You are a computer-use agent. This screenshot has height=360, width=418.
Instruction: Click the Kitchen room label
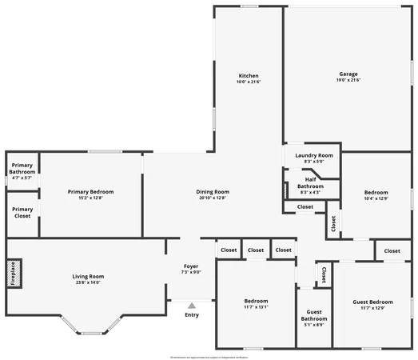tap(248, 75)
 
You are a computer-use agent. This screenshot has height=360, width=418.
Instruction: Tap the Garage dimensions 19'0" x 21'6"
tap(348, 81)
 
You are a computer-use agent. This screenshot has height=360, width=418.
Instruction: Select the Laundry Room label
tap(313, 155)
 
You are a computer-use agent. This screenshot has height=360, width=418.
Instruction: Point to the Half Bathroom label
tap(310, 182)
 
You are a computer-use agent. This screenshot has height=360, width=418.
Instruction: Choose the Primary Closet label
tap(22, 212)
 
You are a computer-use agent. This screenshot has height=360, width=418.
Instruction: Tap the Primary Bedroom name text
tap(90, 191)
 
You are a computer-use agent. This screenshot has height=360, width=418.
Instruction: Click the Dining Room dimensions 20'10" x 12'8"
tap(213, 198)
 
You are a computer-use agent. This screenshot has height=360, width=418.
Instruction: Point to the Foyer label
tap(191, 266)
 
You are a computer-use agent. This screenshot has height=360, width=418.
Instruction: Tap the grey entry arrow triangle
tap(191, 305)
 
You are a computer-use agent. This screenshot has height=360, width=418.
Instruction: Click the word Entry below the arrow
tap(192, 314)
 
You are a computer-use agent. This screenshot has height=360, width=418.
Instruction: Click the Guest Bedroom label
tap(372, 302)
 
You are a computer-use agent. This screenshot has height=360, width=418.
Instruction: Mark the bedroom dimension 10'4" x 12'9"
tap(376, 198)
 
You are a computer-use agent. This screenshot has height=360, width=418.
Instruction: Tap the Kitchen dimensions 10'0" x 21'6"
tap(248, 82)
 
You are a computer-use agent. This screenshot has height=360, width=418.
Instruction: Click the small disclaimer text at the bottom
tap(209, 357)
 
